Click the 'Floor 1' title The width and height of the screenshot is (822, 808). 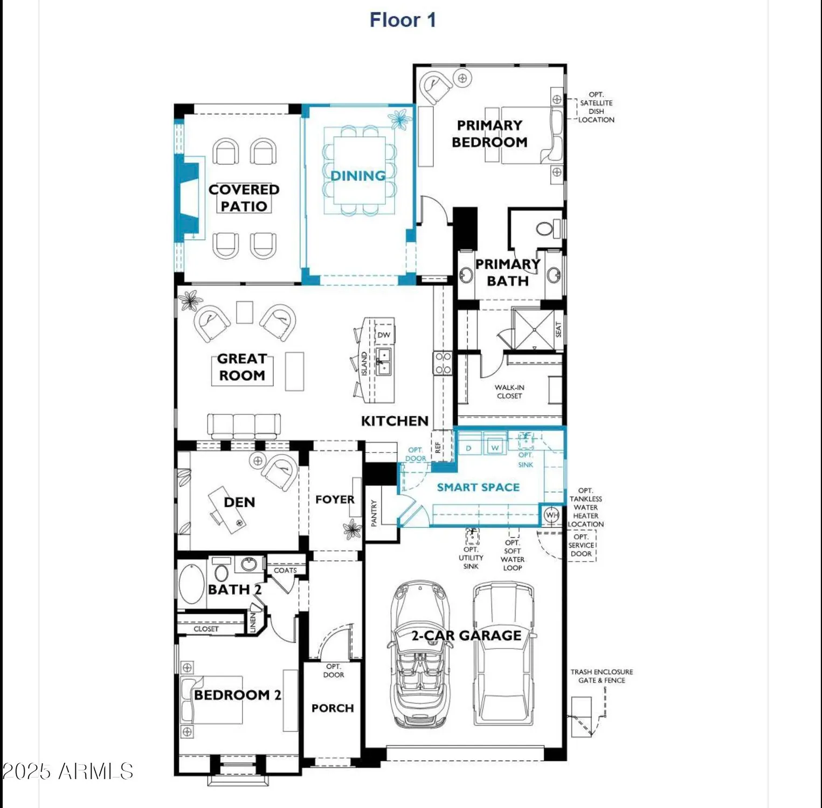[x=403, y=20]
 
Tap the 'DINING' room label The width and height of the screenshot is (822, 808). [x=358, y=176]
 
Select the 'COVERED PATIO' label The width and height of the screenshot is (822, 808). [x=244, y=198]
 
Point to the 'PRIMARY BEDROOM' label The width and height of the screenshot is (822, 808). [x=489, y=134]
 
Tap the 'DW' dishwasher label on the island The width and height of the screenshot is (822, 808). [x=384, y=335]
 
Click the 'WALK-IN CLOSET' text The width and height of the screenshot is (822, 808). [x=509, y=392]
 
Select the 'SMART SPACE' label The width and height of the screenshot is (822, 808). [x=478, y=487]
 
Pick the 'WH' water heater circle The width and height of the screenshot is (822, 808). [x=552, y=515]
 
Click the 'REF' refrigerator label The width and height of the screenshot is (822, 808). [x=438, y=447]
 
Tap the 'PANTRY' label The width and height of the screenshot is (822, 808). [x=374, y=512]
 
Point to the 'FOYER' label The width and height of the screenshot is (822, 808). [x=335, y=500]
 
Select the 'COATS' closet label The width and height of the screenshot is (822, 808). [x=285, y=570]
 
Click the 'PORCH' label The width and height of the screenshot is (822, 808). [x=333, y=708]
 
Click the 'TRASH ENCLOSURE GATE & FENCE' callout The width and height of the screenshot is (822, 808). [x=602, y=676]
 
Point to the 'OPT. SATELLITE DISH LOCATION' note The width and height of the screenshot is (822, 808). [x=596, y=107]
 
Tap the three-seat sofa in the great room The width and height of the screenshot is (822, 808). [x=244, y=426]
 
